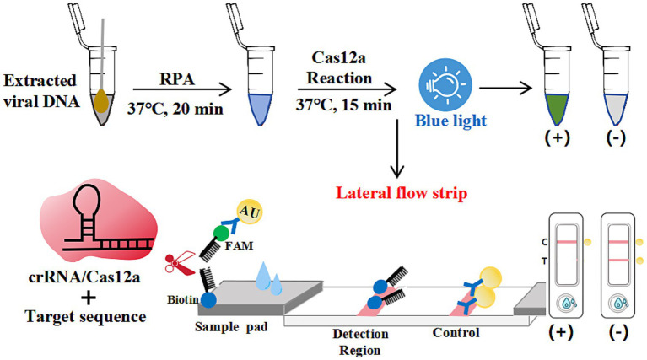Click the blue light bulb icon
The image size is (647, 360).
click(445, 85)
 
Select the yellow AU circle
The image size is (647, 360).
click(249, 212)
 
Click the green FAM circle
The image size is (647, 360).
click(221, 233)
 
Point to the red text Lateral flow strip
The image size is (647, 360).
click(401, 193)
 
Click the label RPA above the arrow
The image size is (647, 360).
click(176, 78)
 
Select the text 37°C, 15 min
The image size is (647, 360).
click(343, 105)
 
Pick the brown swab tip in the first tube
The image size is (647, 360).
click(102, 102)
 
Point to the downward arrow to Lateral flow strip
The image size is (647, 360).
click(397, 149)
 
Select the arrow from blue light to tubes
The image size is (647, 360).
click(505, 88)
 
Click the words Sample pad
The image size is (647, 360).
click(231, 327)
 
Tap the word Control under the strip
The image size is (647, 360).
click(456, 332)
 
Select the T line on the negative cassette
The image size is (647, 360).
click(618, 261)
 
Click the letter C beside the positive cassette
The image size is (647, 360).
click(545, 242)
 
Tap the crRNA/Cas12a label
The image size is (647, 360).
click(84, 277)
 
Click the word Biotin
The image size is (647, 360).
click(183, 299)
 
